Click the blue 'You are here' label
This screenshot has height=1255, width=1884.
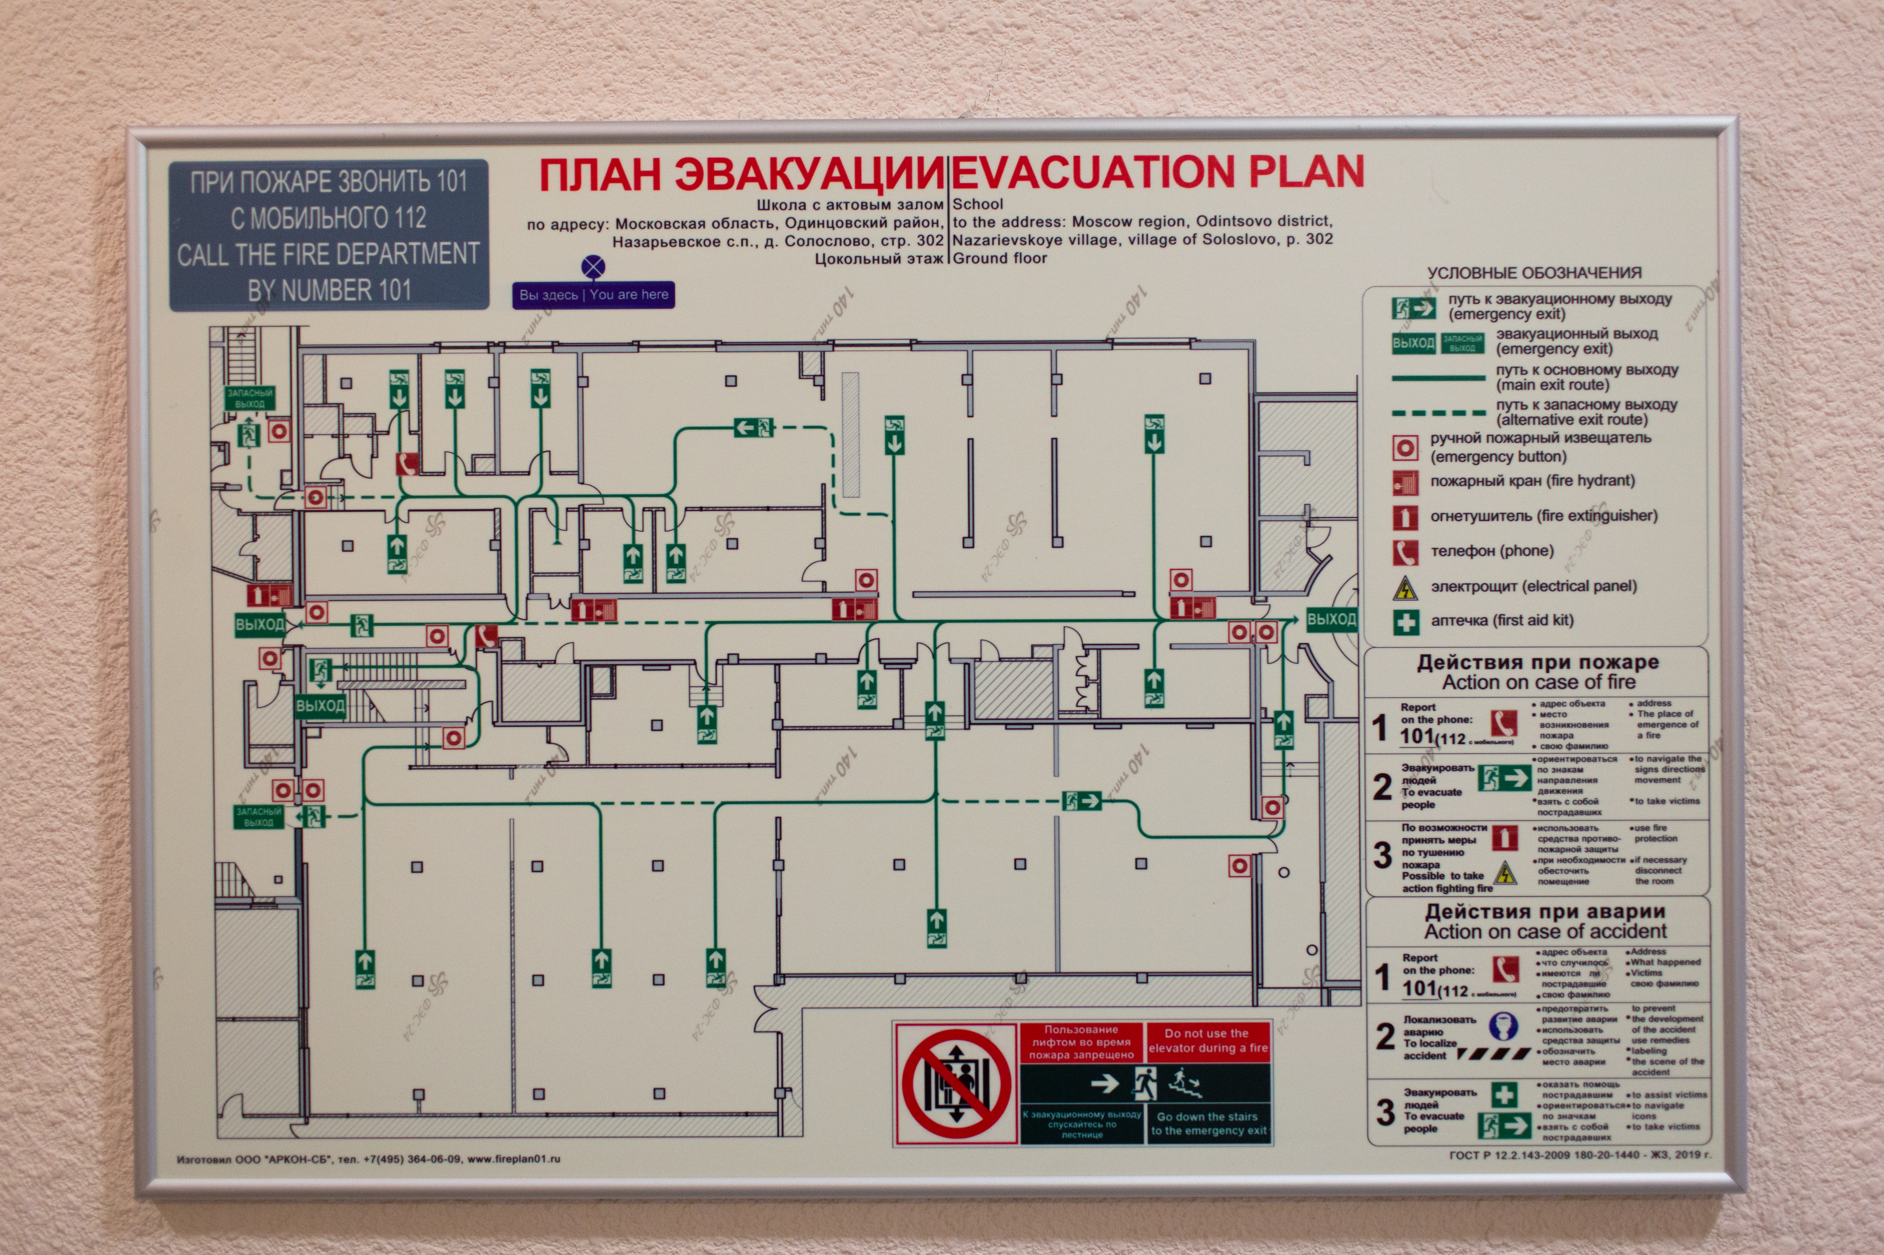click(593, 295)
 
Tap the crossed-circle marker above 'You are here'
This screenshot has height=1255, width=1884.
click(593, 267)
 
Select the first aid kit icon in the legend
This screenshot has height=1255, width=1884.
click(1405, 621)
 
